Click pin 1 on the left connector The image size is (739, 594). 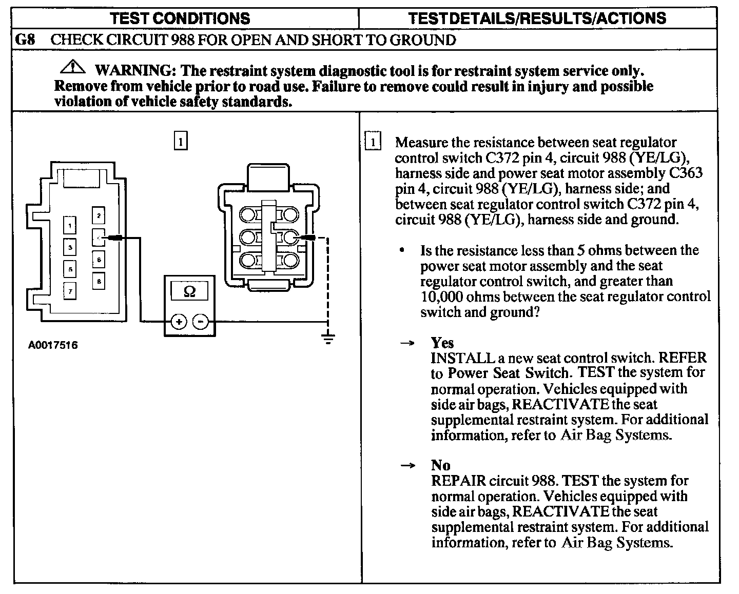coord(70,225)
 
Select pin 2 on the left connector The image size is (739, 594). coord(99,215)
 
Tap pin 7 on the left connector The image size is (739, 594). coord(70,291)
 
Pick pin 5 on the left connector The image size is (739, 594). coord(70,269)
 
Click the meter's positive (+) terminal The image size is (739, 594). coord(178,322)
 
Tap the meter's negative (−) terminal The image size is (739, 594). coord(201,322)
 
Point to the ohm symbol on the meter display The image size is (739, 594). coord(189,291)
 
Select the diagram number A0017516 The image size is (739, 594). coord(53,345)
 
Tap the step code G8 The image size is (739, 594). coord(25,40)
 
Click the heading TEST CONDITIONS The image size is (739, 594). coord(180,19)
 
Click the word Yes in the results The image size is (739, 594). coord(442,342)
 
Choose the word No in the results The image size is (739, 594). coord(441,465)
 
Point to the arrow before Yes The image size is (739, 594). coord(407,343)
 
